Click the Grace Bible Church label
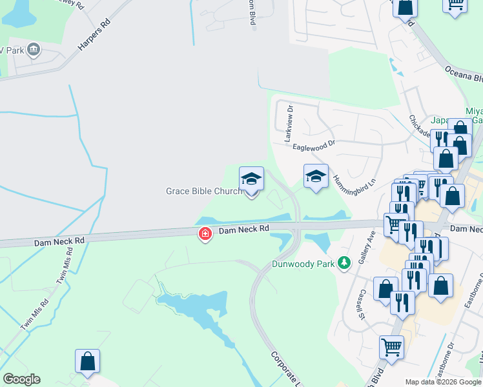(x=204, y=191)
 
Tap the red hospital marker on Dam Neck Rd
(x=205, y=234)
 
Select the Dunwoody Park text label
(x=303, y=263)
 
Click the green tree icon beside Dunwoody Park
(x=345, y=263)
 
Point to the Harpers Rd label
(x=94, y=35)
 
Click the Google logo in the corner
(x=21, y=379)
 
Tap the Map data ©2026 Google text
(x=443, y=382)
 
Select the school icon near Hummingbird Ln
(x=315, y=176)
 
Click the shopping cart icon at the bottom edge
(x=391, y=348)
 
